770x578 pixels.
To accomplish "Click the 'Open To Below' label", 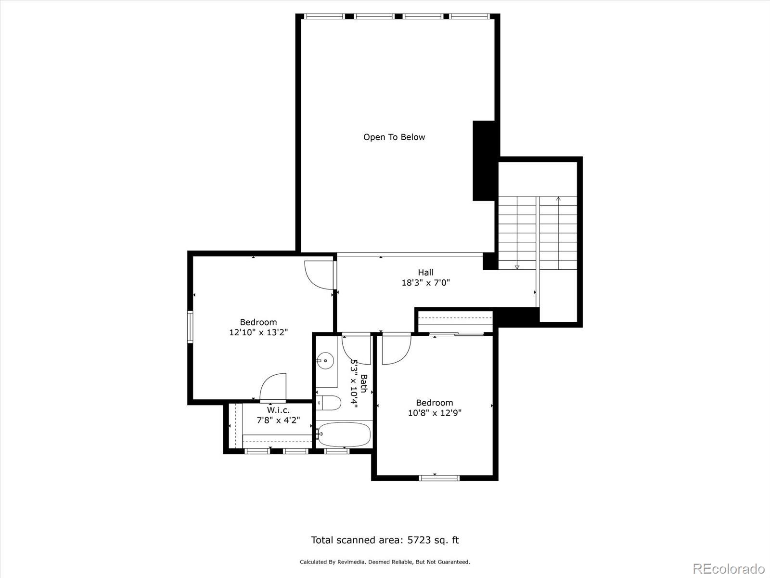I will [394, 137].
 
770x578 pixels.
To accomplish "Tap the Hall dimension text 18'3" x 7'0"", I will [425, 283].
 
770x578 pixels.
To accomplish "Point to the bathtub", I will [345, 434].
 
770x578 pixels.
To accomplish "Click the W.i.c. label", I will [278, 410].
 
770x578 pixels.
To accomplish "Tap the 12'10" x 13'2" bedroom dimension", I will [258, 332].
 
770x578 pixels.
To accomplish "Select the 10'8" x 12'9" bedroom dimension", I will [435, 413].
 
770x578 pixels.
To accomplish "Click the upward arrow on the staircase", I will [558, 198].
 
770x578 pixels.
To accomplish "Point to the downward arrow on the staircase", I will [517, 266].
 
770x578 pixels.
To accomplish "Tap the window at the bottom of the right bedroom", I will [439, 478].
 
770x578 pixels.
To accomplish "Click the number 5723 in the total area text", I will [419, 540].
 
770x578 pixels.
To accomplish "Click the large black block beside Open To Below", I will [484, 160].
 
